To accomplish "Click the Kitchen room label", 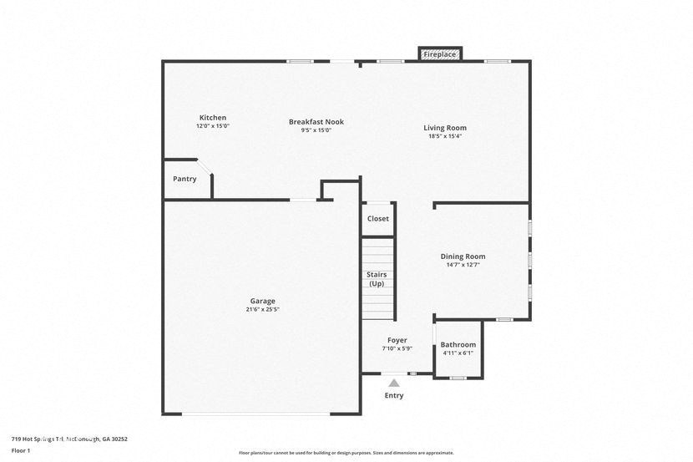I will (212, 118).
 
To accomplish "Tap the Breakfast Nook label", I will (316, 122).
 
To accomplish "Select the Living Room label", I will (444, 128).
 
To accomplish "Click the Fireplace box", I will (440, 54).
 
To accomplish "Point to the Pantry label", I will (185, 179).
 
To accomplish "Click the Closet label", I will (377, 219).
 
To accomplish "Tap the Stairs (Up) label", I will (377, 279).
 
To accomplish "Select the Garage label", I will (262, 301).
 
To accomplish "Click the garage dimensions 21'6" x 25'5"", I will (262, 310).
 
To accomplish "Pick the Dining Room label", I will (463, 256).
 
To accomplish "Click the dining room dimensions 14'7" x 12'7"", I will (463, 265).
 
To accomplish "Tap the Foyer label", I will (397, 340).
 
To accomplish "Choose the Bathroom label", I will (458, 344).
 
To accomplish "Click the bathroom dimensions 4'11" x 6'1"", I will (458, 353).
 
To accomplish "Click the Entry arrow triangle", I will (393, 383).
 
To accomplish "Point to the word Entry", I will (393, 395).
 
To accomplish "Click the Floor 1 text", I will (21, 450).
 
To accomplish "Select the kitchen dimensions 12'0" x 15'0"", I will (212, 126).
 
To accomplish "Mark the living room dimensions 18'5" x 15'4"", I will (444, 136).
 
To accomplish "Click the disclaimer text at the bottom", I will (346, 453).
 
